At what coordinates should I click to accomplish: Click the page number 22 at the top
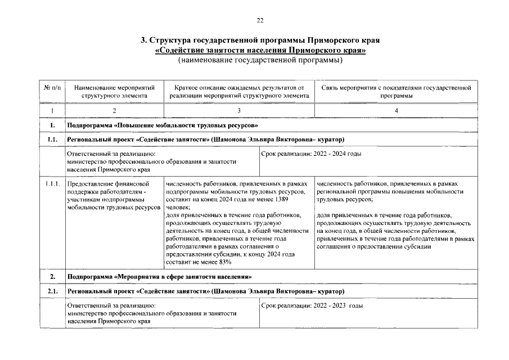click(260, 21)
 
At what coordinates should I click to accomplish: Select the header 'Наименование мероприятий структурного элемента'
click(114, 92)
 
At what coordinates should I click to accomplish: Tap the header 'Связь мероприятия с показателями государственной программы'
click(396, 92)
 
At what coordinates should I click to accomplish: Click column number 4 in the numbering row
click(396, 111)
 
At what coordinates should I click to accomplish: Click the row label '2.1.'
click(52, 291)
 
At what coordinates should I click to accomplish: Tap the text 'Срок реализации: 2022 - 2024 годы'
click(312, 154)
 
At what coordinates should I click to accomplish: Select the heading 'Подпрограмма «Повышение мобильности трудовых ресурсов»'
click(162, 125)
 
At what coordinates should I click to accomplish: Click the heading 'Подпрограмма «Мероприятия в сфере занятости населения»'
click(159, 277)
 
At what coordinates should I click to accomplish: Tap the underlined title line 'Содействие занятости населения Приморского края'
click(260, 50)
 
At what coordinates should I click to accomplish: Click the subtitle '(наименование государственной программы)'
click(260, 60)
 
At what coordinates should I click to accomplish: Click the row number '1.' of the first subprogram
click(52, 125)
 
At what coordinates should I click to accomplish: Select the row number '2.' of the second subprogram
click(52, 277)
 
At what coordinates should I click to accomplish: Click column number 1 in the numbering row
click(52, 111)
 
